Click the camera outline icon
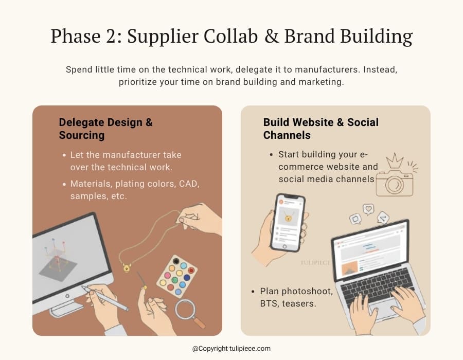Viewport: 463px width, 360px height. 395,183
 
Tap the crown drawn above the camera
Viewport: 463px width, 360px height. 395,160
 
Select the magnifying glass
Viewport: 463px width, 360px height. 186,310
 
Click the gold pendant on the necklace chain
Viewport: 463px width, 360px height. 126,267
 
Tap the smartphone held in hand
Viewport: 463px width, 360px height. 287,222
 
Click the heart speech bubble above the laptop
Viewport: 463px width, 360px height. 368,209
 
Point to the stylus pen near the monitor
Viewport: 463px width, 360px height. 105,299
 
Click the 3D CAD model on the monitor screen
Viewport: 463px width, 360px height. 58,258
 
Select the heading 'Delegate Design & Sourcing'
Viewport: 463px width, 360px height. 105,129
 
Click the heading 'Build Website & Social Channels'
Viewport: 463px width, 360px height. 320,129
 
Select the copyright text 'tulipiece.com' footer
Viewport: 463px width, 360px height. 231,349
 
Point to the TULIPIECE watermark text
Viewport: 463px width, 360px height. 315,262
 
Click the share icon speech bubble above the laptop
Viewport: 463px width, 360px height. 382,218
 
